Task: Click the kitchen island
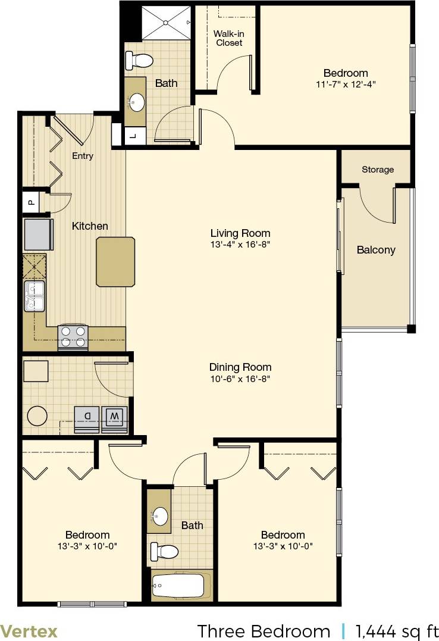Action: click(115, 261)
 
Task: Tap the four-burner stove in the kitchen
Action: click(73, 337)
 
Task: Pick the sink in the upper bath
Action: click(137, 102)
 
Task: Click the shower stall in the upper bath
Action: click(166, 23)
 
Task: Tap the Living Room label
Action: click(240, 233)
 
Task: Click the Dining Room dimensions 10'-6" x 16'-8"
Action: click(240, 379)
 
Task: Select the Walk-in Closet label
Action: click(229, 38)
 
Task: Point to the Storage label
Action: click(378, 170)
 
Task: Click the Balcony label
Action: click(376, 250)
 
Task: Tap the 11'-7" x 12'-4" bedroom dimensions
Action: click(346, 85)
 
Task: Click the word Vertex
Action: click(29, 630)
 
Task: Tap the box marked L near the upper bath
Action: click(133, 136)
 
